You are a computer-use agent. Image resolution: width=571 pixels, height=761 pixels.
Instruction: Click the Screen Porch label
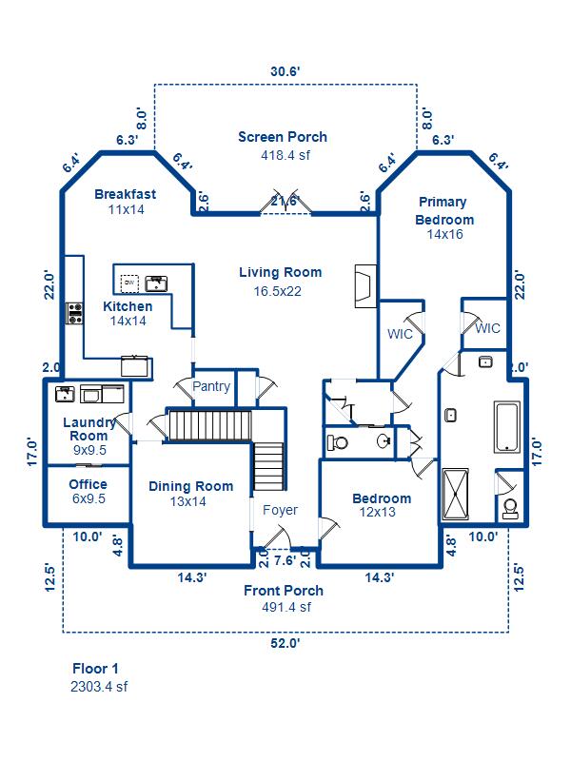[283, 137]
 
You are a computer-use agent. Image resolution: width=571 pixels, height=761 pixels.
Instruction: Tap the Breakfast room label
[125, 194]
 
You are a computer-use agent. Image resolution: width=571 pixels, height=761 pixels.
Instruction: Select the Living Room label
[280, 272]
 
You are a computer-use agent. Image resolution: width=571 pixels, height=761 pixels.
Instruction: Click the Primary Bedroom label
[443, 210]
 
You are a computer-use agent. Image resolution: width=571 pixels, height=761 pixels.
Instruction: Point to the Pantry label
[211, 386]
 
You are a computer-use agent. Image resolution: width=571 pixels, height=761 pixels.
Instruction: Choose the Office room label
[88, 484]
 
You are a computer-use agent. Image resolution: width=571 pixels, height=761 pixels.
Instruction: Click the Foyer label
[280, 510]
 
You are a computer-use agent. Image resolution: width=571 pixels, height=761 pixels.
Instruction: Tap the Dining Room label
[190, 486]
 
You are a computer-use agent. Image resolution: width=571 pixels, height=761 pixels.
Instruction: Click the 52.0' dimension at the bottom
[284, 643]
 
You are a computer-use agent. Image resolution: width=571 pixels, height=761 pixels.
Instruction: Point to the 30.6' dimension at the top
[285, 70]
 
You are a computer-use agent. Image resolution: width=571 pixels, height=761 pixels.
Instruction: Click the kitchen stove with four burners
[74, 313]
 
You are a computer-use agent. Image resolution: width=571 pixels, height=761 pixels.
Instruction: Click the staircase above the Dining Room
[209, 425]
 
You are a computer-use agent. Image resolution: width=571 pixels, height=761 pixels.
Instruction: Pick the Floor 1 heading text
[95, 669]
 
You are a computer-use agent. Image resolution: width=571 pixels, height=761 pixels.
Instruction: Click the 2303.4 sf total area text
[99, 685]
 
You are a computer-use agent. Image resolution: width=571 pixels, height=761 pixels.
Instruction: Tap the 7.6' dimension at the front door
[284, 559]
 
